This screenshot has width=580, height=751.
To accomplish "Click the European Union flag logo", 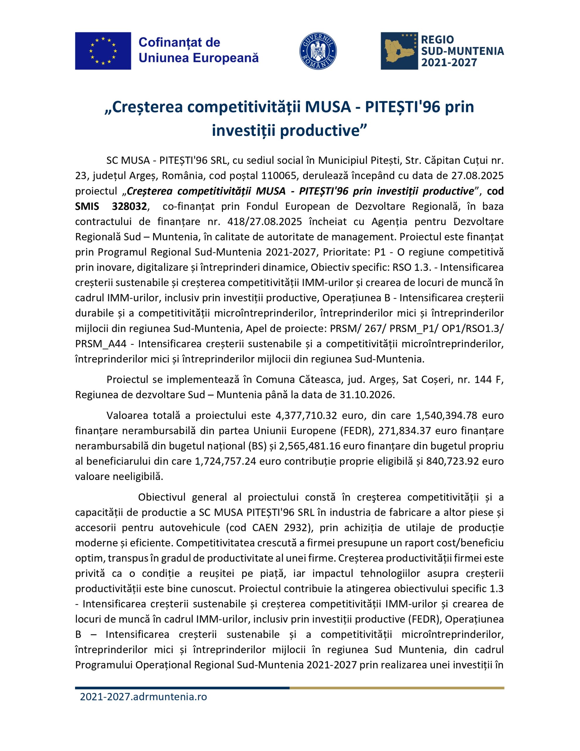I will click(103, 51).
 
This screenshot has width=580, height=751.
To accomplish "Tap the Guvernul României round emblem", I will click(318, 51).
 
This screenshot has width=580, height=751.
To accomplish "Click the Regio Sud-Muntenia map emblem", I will click(399, 51).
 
